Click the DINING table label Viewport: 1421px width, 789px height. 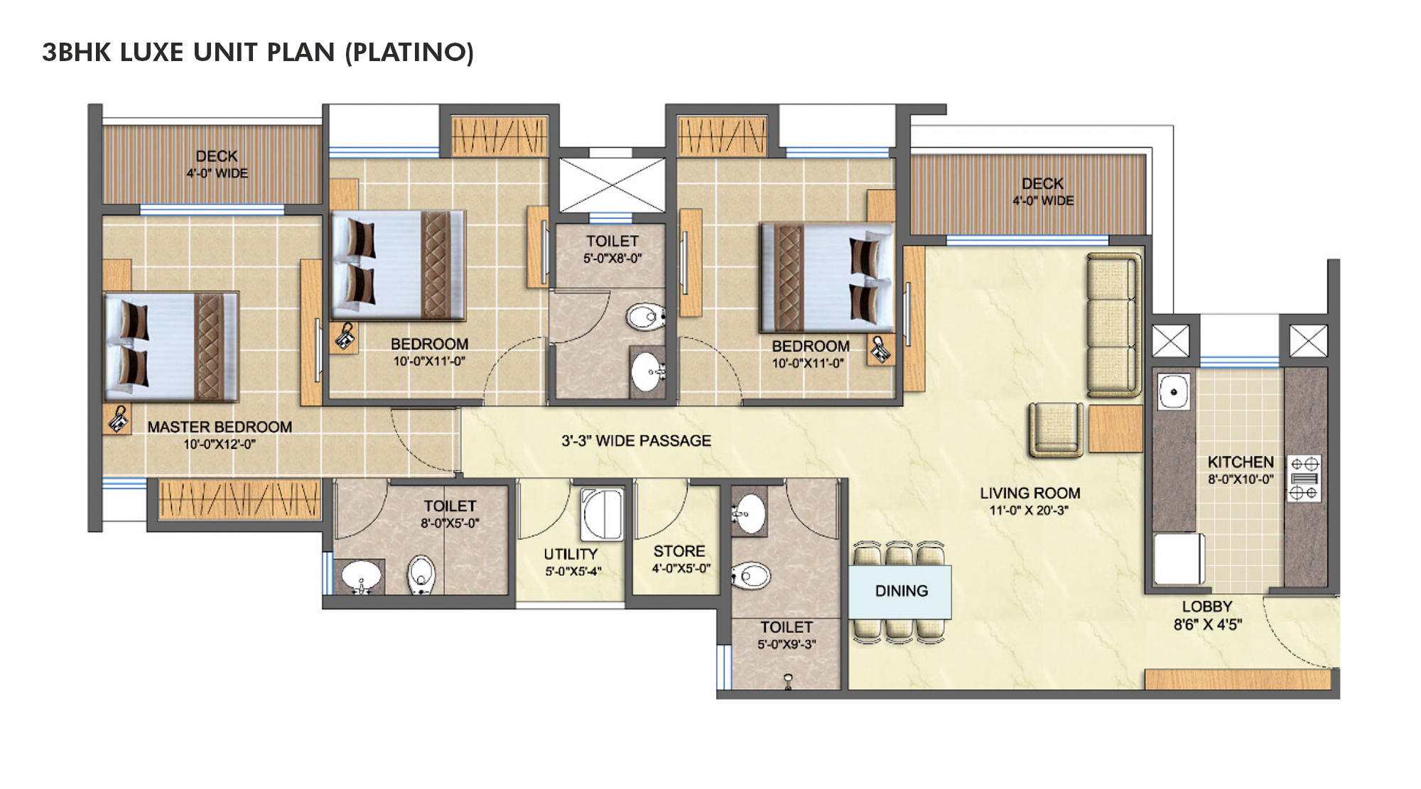[x=901, y=591]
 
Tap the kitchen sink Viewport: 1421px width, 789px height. [x=1174, y=391]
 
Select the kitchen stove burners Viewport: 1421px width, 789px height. [x=1304, y=478]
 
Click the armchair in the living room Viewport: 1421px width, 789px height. [x=1056, y=428]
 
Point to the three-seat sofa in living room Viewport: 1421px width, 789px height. [x=1112, y=325]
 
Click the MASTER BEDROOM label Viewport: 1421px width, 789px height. [x=220, y=427]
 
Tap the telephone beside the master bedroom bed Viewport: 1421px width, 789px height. [x=118, y=419]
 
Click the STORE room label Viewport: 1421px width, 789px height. [x=679, y=551]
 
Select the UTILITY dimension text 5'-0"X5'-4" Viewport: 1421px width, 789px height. [x=573, y=572]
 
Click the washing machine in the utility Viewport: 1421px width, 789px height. [x=602, y=514]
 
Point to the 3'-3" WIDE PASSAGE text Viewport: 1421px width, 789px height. [x=636, y=440]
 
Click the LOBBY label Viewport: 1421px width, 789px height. [x=1206, y=606]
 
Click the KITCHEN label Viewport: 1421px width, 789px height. [x=1241, y=462]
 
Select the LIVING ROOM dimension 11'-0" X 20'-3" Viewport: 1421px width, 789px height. [x=1029, y=511]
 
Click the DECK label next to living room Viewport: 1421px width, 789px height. [x=1042, y=183]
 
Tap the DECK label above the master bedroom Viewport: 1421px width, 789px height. [x=217, y=156]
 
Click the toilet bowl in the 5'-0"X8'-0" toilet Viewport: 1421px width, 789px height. [x=644, y=316]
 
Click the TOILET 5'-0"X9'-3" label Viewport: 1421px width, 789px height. [x=786, y=627]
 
